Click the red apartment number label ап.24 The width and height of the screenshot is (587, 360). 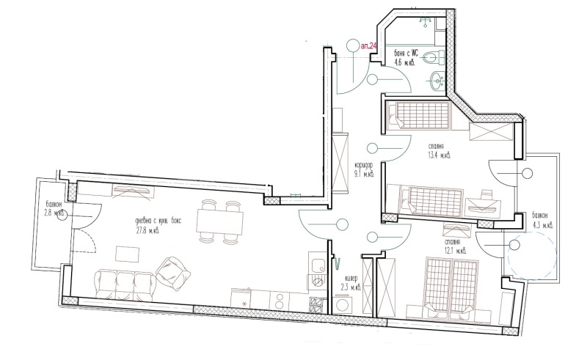(x=369, y=46)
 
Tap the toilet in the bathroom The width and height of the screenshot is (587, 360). (x=434, y=56)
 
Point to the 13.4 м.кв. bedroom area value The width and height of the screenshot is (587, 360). (x=440, y=155)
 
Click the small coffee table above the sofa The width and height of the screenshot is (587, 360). (x=128, y=254)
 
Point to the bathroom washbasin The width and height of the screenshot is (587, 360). (x=437, y=80)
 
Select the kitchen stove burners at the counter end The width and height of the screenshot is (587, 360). (x=318, y=302)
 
